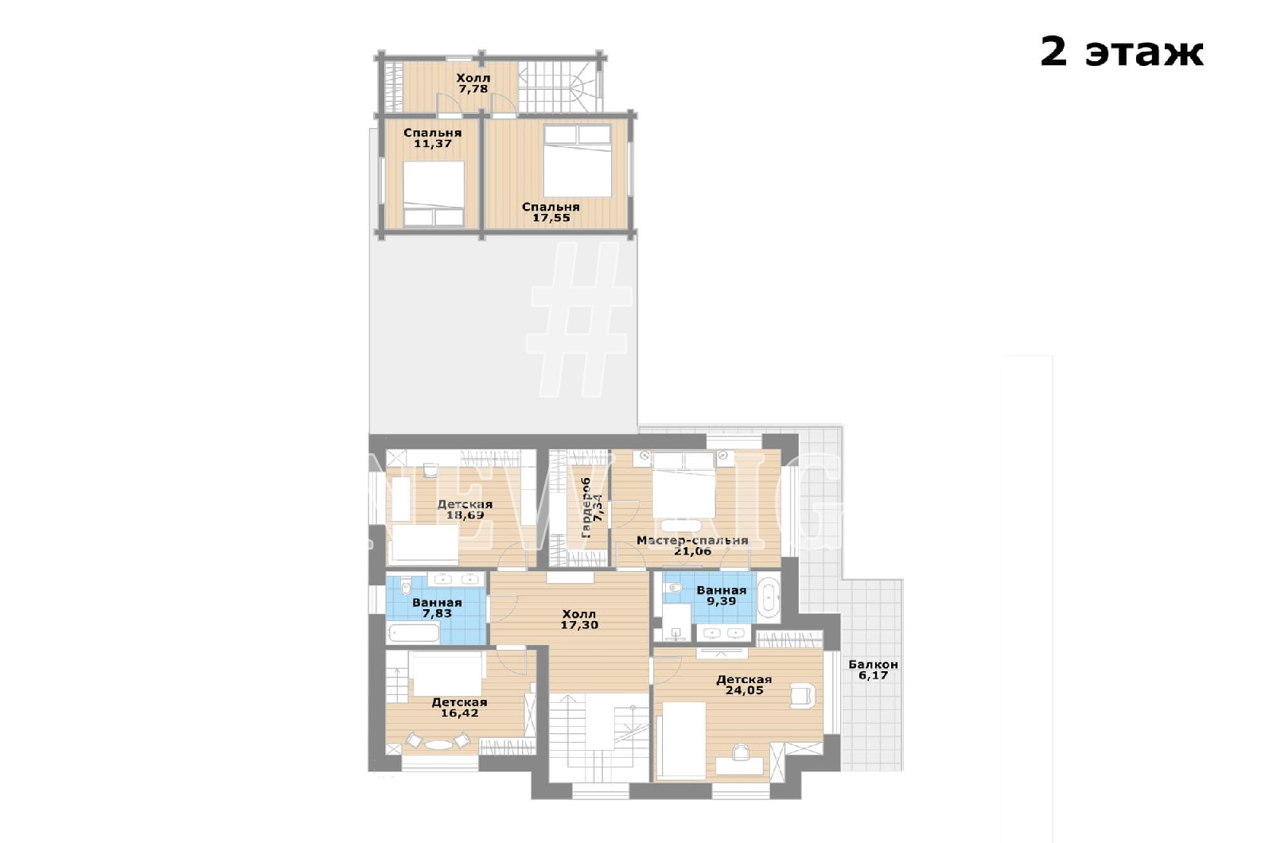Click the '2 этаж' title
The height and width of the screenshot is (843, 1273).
1121,53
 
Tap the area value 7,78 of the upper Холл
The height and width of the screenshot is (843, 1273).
473,89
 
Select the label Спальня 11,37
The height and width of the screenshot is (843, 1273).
433,138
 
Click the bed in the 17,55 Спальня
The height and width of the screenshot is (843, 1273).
577,161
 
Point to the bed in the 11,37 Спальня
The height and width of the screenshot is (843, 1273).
434,194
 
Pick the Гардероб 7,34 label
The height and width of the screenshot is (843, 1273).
592,508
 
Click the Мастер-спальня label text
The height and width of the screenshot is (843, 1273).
692,540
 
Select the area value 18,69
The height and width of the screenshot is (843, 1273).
465,515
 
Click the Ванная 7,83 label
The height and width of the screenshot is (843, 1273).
437,608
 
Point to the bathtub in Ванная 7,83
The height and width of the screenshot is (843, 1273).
413,632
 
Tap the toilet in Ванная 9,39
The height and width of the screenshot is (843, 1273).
673,588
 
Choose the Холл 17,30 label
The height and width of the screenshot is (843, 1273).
579,620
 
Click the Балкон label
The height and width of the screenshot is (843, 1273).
873,664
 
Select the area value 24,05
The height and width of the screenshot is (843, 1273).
744,690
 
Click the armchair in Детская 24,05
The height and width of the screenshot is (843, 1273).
803,697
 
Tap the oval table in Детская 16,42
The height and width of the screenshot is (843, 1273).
437,744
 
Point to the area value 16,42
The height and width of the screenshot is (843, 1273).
459,713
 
